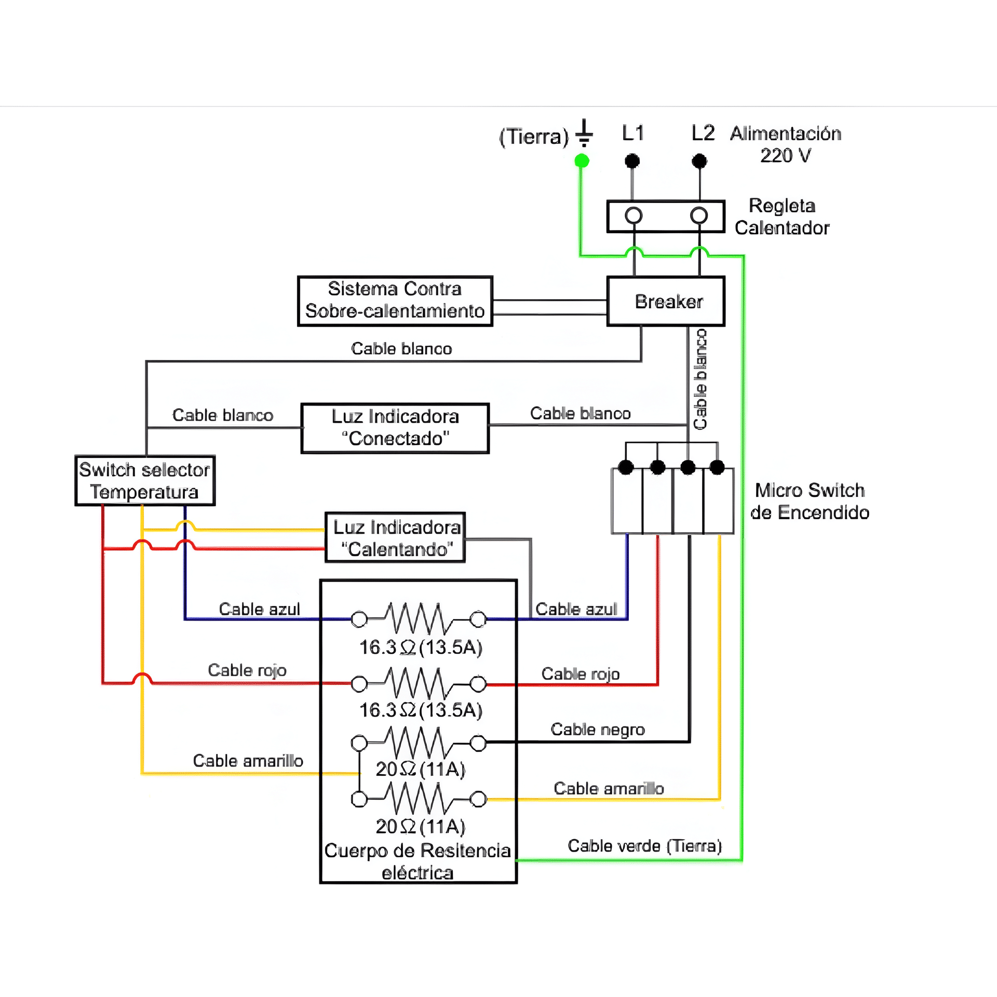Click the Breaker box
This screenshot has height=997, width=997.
pos(666,301)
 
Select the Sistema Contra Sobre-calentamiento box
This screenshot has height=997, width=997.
pos(395,301)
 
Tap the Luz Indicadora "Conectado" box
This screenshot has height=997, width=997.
pos(395,428)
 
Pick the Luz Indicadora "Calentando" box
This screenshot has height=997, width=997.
pos(395,538)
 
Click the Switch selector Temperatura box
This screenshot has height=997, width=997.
pos(145,480)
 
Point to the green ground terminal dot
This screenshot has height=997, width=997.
pos(582,160)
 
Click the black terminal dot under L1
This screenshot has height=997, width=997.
pos(632,160)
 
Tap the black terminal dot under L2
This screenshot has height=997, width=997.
pos(699,160)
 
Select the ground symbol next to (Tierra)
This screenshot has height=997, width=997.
pos(584,133)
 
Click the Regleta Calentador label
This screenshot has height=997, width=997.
pos(782,217)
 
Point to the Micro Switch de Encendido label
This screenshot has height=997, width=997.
pos(810,501)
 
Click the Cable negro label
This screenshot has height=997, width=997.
pos(598,730)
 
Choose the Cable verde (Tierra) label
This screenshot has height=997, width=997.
pos(644,846)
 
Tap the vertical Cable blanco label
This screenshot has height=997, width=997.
pos(700,379)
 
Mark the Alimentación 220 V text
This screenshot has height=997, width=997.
pos(786,144)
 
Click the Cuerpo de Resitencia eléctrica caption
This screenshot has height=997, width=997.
pos(417,861)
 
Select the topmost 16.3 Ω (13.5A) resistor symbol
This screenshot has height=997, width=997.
pos(419,618)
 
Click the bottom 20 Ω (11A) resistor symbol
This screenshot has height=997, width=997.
pos(419,799)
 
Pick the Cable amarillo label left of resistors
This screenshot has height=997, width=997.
pos(248,761)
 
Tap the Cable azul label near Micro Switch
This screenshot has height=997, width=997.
pos(576,609)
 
